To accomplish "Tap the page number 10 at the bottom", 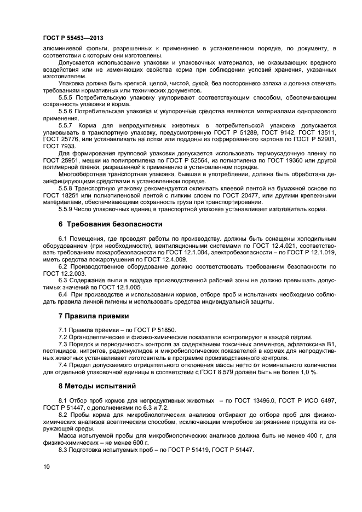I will (46, 466).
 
